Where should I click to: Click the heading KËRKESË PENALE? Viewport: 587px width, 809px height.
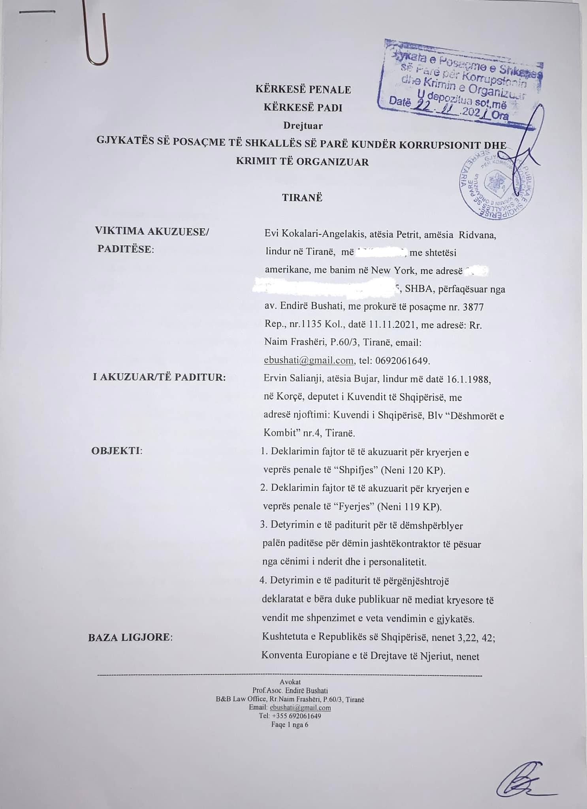tap(303, 90)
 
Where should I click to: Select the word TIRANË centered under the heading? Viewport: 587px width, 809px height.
tap(302, 198)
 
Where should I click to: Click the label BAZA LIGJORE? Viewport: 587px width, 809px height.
tap(130, 638)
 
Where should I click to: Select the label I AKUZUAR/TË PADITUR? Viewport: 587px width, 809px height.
tap(159, 377)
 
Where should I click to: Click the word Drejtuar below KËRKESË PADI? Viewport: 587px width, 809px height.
tap(303, 126)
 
